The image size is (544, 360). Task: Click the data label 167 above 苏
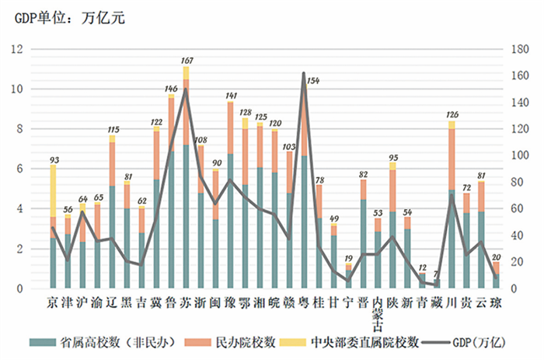(187, 60)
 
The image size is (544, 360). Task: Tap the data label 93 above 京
(53, 160)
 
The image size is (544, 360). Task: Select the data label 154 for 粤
(313, 81)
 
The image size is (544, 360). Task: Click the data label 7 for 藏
(437, 275)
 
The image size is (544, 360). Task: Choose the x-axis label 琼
(496, 302)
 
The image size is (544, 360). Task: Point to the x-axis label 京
(53, 302)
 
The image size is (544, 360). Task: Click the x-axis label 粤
(304, 302)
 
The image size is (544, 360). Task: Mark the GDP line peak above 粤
(303, 73)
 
